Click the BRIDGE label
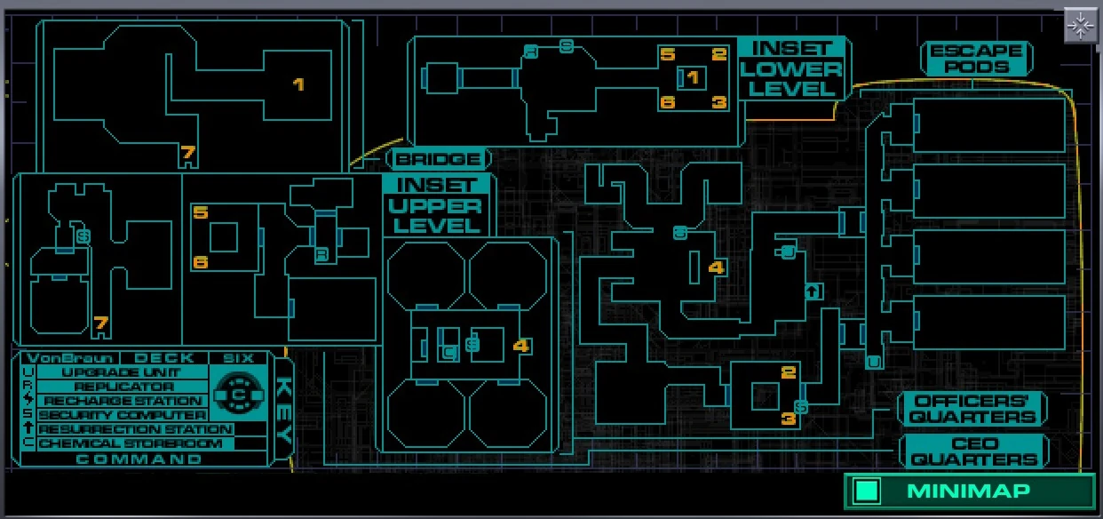click(x=439, y=160)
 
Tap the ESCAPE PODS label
click(x=976, y=59)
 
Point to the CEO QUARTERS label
click(x=974, y=451)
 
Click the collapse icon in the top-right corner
click(x=1081, y=27)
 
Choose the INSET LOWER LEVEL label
click(x=791, y=68)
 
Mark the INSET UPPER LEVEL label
click(x=436, y=205)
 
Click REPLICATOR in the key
click(x=123, y=387)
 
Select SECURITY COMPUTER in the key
click(x=123, y=415)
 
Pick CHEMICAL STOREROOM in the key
click(x=130, y=443)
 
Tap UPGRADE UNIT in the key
click(x=123, y=372)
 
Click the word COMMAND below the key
click(x=139, y=459)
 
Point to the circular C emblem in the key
click(x=237, y=393)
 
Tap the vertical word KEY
click(x=283, y=412)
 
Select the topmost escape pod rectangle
click(x=989, y=125)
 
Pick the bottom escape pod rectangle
click(x=989, y=323)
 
